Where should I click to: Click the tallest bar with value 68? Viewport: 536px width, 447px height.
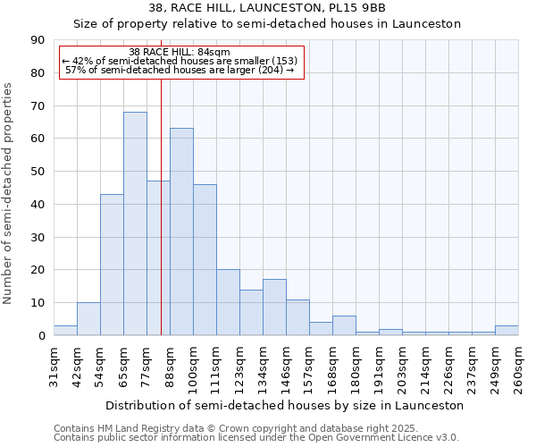(135, 223)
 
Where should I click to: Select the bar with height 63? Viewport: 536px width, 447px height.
(181, 232)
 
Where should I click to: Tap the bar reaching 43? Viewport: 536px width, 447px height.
(112, 265)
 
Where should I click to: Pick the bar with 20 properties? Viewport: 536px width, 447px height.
(228, 302)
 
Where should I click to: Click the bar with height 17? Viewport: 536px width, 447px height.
(274, 308)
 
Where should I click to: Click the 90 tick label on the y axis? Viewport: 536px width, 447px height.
(38, 40)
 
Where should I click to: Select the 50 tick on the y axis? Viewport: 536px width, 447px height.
(38, 172)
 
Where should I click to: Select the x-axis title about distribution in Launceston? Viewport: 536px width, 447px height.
(284, 405)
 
